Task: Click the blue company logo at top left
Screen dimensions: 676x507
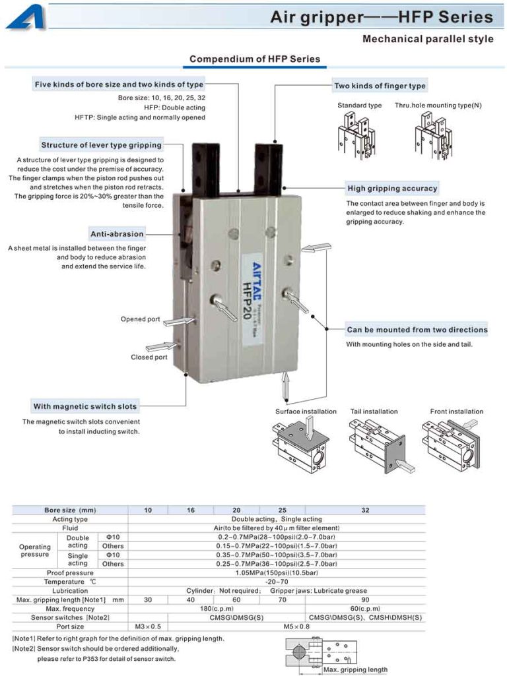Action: click(26, 16)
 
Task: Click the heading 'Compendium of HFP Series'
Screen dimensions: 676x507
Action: click(254, 59)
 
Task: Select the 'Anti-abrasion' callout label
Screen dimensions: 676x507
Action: click(117, 234)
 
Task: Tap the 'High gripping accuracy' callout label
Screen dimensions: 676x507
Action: click(392, 189)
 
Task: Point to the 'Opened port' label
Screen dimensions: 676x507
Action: click(140, 319)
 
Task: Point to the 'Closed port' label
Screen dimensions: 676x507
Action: click(149, 357)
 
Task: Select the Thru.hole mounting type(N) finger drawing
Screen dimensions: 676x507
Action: click(434, 135)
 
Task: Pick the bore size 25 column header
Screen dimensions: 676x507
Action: click(282, 510)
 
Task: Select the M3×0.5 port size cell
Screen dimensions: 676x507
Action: click(148, 626)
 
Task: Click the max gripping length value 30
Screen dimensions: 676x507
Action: click(148, 599)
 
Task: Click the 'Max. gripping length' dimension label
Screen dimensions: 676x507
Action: click(355, 669)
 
